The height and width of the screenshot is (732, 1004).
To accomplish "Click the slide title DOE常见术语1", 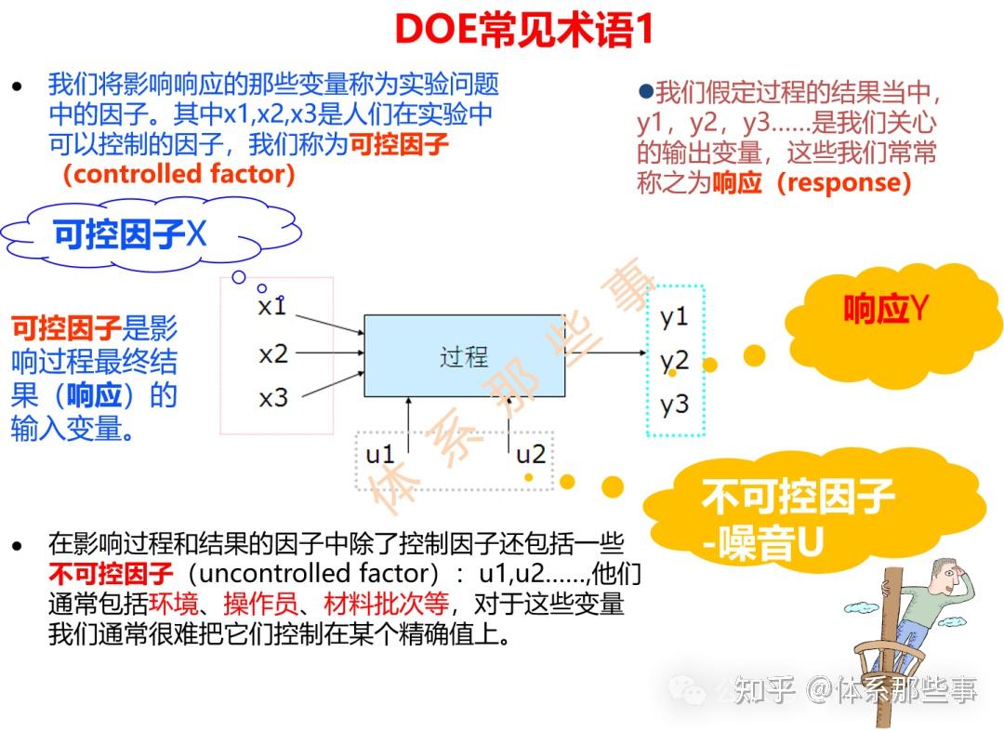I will (524, 30).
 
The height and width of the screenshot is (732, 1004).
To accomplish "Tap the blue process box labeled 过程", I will (463, 356).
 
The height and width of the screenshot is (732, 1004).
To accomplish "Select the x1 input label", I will (271, 306).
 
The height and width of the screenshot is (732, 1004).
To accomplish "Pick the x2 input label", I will (273, 353).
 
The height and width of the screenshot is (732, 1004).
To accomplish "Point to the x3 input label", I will (273, 398).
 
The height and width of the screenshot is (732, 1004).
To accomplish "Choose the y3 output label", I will (674, 404).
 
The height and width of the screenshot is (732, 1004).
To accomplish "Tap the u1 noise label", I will (380, 454).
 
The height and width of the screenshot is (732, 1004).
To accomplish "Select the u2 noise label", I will (530, 454).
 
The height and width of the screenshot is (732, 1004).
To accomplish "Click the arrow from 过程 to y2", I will (604, 353).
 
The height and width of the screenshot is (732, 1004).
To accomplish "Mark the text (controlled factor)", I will (178, 174).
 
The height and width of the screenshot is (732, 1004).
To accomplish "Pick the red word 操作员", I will (260, 605).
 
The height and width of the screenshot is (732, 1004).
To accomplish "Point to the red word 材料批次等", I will (385, 605).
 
